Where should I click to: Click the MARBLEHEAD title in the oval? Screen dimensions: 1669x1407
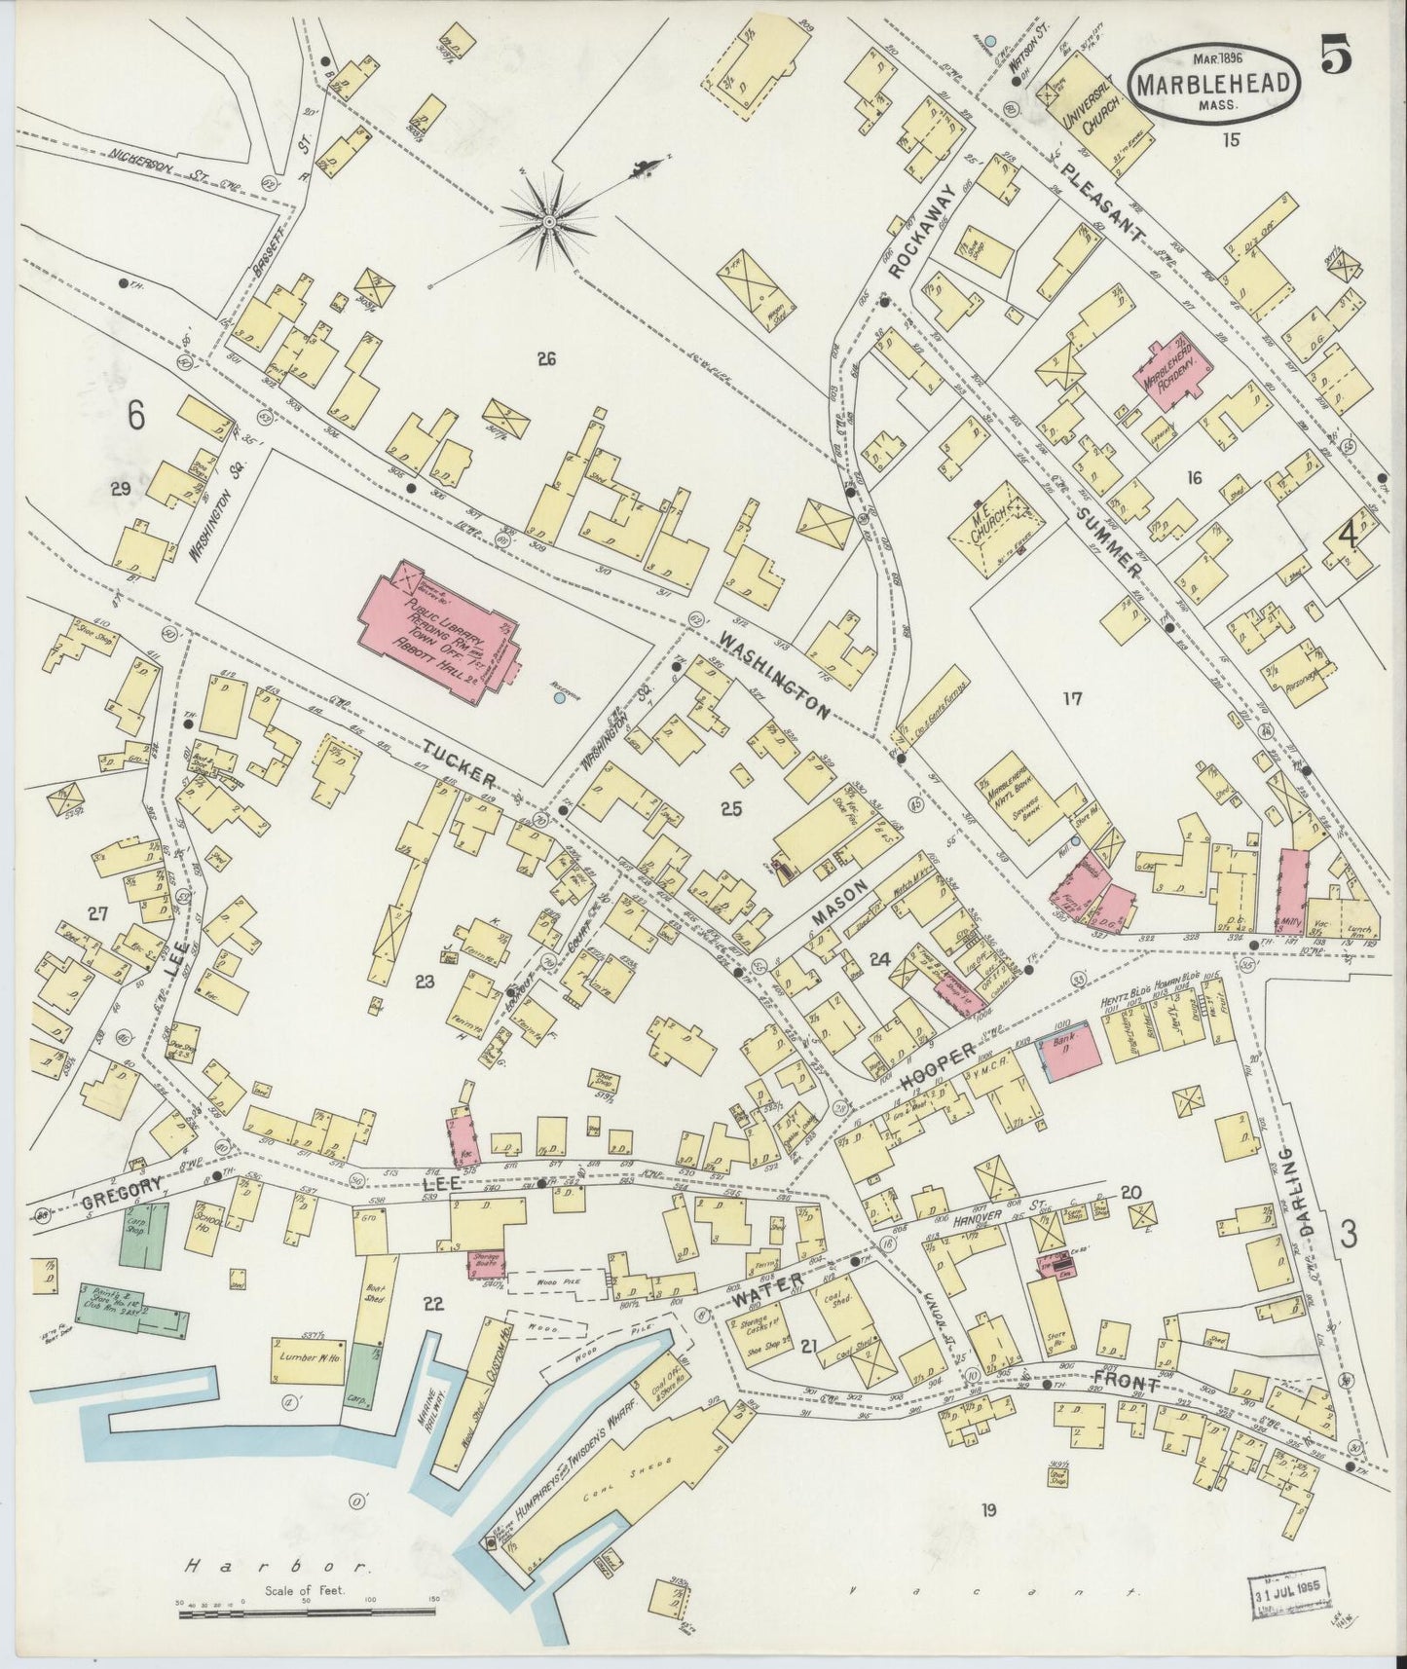pos(1217,85)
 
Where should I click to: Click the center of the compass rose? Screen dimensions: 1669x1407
pos(549,222)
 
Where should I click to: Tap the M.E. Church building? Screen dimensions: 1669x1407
pos(1003,517)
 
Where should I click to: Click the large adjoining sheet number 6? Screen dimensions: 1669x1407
pos(135,416)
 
